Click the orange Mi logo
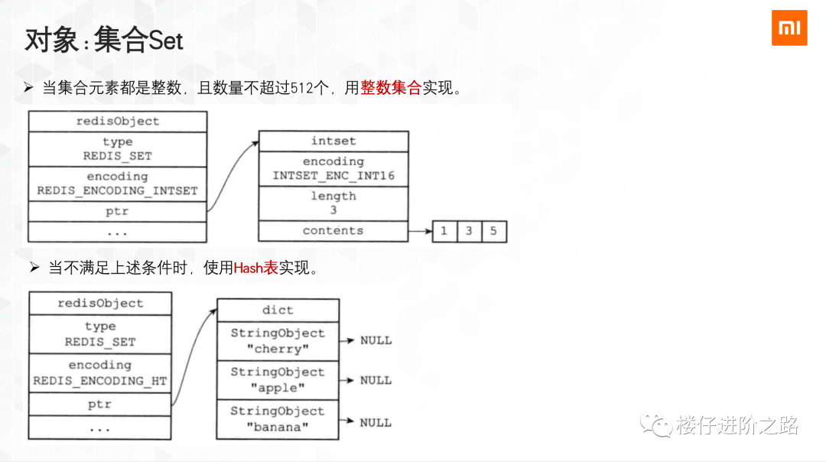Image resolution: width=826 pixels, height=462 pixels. click(x=789, y=28)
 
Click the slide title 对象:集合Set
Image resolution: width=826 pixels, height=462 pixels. click(x=104, y=40)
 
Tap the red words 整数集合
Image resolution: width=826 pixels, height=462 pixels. click(x=391, y=88)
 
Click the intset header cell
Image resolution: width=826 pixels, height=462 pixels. click(x=333, y=142)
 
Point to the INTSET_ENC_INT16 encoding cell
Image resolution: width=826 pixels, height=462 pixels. click(x=333, y=168)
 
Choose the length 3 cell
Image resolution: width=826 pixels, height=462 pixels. click(x=333, y=203)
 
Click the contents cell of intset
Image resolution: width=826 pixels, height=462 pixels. click(x=333, y=231)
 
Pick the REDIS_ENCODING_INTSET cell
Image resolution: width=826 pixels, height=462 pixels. click(x=117, y=184)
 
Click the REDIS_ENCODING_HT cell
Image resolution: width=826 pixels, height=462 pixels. click(x=99, y=373)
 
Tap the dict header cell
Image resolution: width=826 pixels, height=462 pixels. click(x=278, y=310)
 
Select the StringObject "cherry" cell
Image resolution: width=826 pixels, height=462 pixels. click(x=278, y=341)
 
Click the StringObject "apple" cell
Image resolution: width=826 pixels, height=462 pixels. click(x=278, y=380)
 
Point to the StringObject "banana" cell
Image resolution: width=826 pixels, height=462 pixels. click(x=278, y=419)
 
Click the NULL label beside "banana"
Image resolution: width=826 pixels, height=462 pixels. click(x=376, y=422)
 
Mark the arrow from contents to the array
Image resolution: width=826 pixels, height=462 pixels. click(x=420, y=231)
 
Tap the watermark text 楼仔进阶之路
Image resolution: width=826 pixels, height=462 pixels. click(x=737, y=425)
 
